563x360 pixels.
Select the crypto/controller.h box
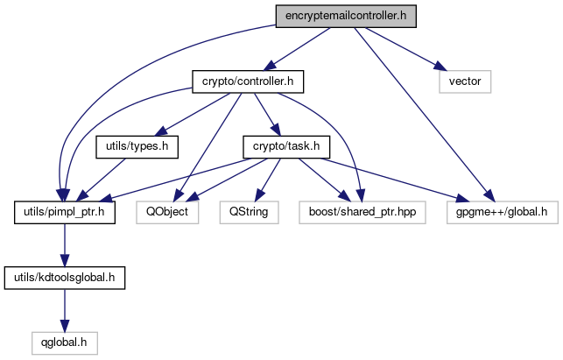pyautogui.click(x=247, y=82)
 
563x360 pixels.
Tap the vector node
pyautogui.click(x=466, y=82)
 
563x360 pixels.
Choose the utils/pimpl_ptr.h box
pyautogui.click(x=64, y=212)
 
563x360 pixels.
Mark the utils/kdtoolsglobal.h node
pyautogui.click(x=65, y=278)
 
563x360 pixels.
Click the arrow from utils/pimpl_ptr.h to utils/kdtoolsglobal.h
pyautogui.click(x=64, y=245)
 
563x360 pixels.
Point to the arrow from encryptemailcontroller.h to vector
pyautogui.click(x=402, y=49)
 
